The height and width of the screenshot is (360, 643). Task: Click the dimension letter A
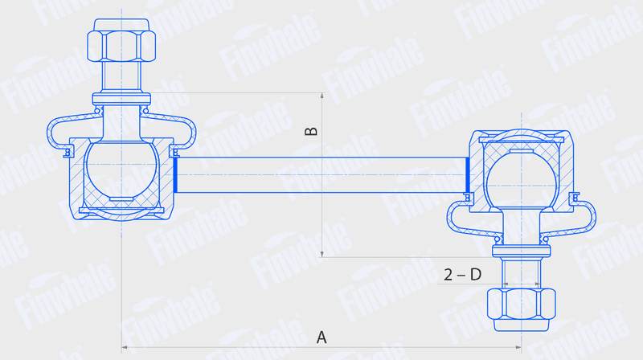pos(321,337)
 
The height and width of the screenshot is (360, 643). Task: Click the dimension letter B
pos(311,131)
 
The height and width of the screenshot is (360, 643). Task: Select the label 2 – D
pos(463,275)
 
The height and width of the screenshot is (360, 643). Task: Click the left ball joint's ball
pos(122,167)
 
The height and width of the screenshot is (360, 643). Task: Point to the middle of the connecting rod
pos(321,175)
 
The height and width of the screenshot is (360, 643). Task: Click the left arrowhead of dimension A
pos(125,347)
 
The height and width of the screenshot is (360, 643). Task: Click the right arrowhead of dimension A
pos(518,347)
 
